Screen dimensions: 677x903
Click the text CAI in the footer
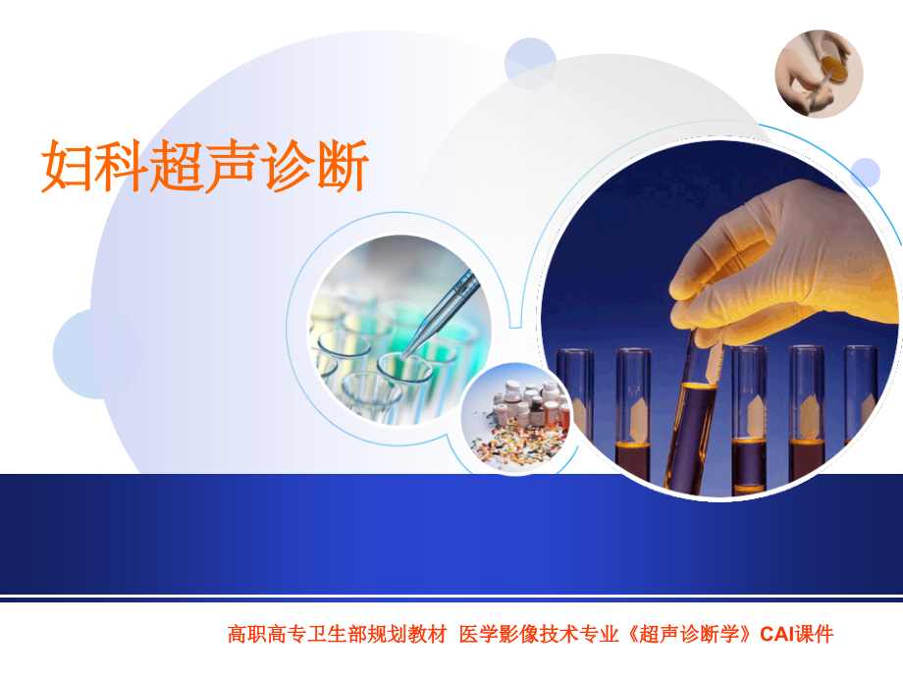point(778,635)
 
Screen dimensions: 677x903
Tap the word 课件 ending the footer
point(815,635)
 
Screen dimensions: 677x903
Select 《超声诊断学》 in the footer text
point(692,635)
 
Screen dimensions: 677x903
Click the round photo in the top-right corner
point(819,74)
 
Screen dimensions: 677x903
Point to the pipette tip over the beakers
point(412,343)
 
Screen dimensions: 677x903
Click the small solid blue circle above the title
point(530,63)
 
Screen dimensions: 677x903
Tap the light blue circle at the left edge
point(83,353)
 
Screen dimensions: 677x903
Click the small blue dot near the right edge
point(865,173)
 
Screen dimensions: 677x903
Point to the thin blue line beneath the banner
point(451,599)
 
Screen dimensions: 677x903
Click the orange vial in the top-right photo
point(833,67)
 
